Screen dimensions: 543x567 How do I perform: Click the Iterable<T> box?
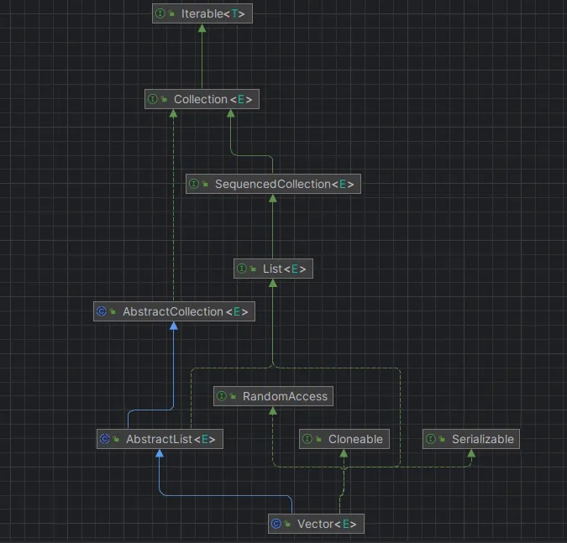coord(202,13)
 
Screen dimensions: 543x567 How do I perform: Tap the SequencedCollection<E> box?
coord(273,184)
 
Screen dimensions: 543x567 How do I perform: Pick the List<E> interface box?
coord(273,269)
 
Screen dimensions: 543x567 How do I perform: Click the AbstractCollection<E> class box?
coord(173,311)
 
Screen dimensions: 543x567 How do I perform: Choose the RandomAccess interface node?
coord(273,396)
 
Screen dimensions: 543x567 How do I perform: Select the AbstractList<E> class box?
coord(160,439)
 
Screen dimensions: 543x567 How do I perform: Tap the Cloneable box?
coord(344,439)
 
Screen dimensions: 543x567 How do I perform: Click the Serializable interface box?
coord(470,439)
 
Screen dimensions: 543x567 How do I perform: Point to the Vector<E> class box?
coord(317,524)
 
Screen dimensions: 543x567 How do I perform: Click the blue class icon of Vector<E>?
coord(276,524)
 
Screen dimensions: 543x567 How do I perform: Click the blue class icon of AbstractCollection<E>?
coord(102,311)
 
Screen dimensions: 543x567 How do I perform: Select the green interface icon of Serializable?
coord(430,439)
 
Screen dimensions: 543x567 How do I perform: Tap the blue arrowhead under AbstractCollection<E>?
coord(173,326)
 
